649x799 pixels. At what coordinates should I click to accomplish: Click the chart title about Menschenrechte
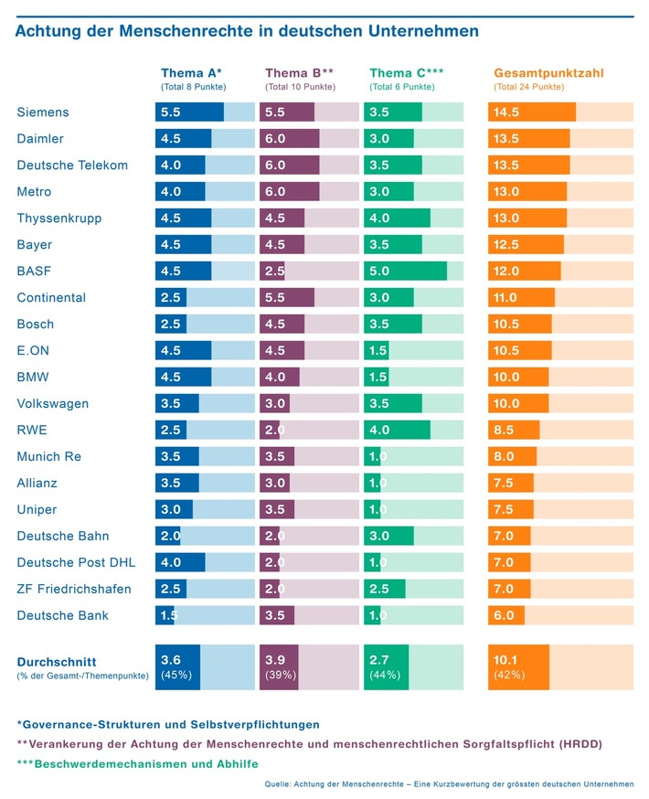pyautogui.click(x=247, y=31)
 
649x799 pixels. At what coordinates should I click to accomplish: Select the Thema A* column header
pyautogui.click(x=191, y=73)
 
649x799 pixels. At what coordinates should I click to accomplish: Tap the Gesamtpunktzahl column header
pyautogui.click(x=548, y=73)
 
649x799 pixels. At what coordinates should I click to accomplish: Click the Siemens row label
pyautogui.click(x=43, y=112)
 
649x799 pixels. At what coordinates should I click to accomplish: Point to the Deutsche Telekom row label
pyautogui.click(x=72, y=165)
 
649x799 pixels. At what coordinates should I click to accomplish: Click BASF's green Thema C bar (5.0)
pyautogui.click(x=405, y=272)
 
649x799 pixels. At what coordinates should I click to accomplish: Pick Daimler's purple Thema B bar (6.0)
pyautogui.click(x=290, y=139)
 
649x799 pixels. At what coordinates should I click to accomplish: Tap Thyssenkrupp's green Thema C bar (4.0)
pyautogui.click(x=397, y=218)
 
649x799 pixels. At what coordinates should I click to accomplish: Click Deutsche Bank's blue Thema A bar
pyautogui.click(x=165, y=615)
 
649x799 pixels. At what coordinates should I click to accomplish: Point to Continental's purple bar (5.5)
pyautogui.click(x=287, y=298)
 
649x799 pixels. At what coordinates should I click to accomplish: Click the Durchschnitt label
pyautogui.click(x=57, y=661)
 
